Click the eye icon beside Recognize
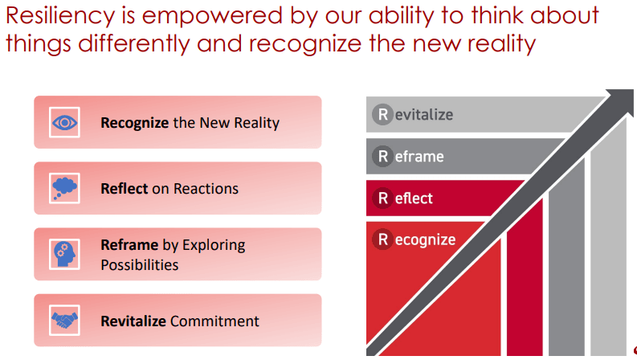click(63, 122)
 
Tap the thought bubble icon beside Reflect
click(63, 188)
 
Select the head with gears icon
click(63, 254)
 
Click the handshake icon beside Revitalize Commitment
click(63, 321)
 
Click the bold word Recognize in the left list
click(134, 123)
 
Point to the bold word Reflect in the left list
click(124, 189)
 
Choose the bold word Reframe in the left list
click(128, 245)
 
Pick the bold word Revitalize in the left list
click(133, 321)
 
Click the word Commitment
click(214, 321)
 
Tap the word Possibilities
click(139, 264)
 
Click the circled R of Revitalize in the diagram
click(382, 115)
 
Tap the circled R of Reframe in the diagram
click(382, 157)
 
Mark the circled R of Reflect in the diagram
click(382, 198)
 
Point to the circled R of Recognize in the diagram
click(382, 239)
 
